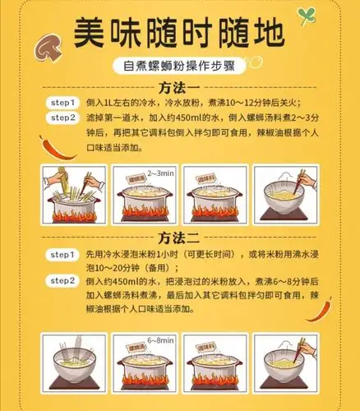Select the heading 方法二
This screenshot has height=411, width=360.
(x=179, y=239)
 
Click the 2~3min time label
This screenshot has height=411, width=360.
(x=160, y=173)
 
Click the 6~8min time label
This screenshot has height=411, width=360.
(x=160, y=339)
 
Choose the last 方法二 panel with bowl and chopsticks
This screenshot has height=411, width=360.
(x=285, y=362)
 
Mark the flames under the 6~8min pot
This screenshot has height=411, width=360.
(x=143, y=380)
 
